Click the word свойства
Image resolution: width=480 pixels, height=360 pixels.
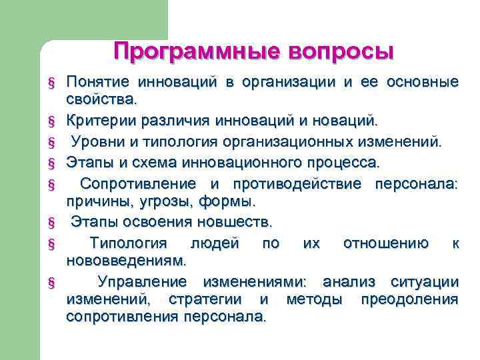pos(101,100)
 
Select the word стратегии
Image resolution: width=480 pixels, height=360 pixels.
pos(212,299)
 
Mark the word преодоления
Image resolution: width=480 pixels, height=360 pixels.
pos(409,299)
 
